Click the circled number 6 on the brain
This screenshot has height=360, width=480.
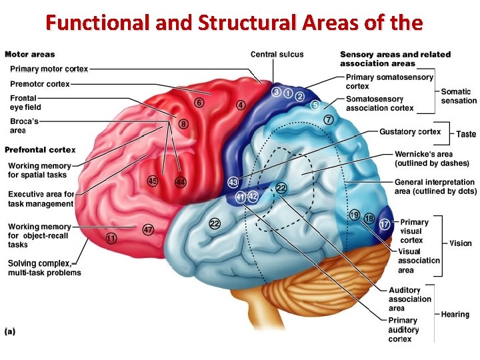point(199,103)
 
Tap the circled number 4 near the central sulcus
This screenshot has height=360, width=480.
point(241,105)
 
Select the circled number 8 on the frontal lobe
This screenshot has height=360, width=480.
point(183,123)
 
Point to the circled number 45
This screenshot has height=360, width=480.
point(153,181)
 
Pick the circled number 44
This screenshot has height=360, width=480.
point(180,181)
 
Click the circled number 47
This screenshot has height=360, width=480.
point(148,229)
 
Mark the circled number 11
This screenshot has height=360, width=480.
point(111,238)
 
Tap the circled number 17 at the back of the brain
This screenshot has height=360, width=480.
point(385,225)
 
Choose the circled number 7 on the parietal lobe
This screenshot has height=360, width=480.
point(329,120)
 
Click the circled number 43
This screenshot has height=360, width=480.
point(233,182)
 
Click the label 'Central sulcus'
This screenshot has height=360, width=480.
point(277,55)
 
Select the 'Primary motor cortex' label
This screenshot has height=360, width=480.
point(49,69)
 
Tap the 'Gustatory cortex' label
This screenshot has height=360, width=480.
point(410,131)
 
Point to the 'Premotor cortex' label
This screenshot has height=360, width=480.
point(40,83)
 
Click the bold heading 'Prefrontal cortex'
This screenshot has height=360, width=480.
point(40,149)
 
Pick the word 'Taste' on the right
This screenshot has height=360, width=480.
point(466,134)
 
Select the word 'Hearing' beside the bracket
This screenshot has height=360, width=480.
point(455,314)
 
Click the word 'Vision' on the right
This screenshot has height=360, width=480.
point(461,243)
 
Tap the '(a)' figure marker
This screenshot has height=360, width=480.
point(11,331)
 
